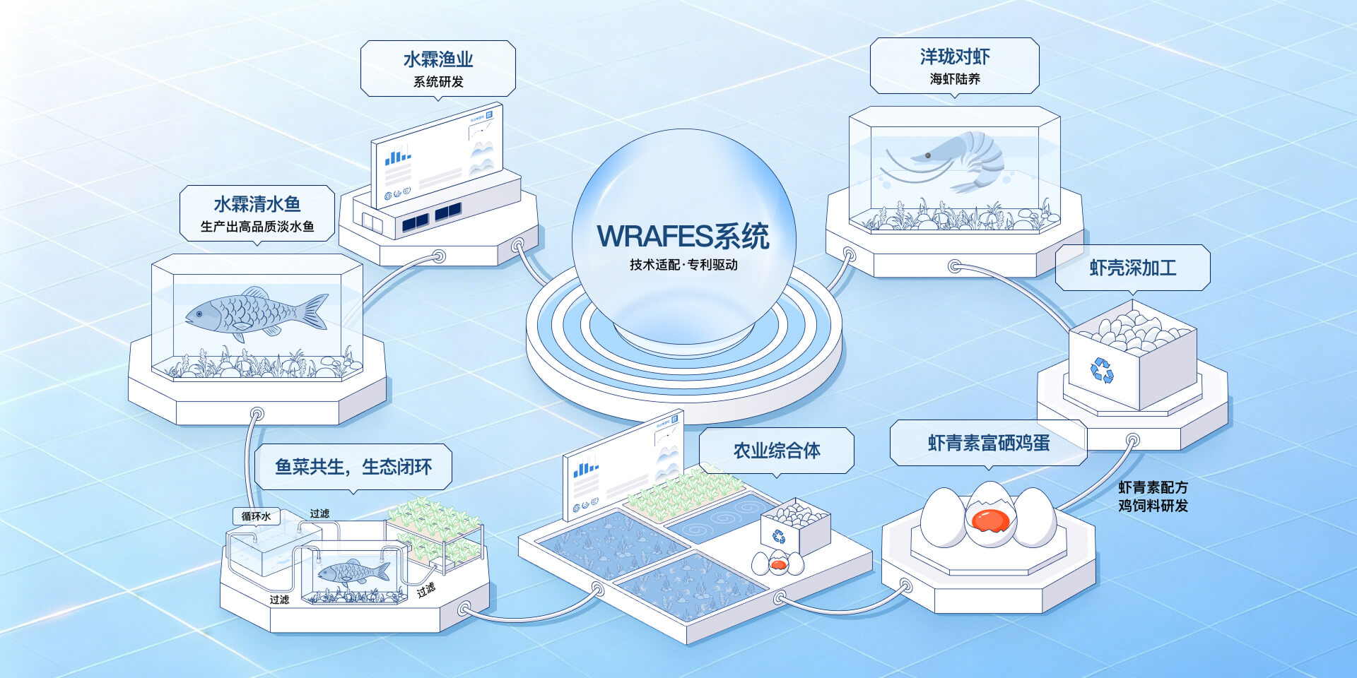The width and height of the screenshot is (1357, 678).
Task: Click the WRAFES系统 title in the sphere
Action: (x=683, y=236)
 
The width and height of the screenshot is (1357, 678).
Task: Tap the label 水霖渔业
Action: (x=438, y=59)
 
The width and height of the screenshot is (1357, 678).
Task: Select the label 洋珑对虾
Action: (x=955, y=56)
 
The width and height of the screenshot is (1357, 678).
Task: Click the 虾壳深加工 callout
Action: (x=1133, y=268)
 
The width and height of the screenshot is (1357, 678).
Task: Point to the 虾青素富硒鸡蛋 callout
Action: (x=988, y=443)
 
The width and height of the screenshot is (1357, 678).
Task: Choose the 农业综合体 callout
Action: (x=777, y=451)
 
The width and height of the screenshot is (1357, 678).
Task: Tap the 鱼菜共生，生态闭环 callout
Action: (x=353, y=467)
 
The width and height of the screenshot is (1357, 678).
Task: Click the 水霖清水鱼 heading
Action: (x=257, y=204)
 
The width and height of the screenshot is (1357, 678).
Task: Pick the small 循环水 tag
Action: (x=256, y=516)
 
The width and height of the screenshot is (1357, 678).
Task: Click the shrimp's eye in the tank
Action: (x=927, y=155)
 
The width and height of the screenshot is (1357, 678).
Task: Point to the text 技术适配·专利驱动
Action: (x=683, y=265)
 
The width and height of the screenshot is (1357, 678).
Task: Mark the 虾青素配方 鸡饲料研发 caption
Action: (x=1153, y=496)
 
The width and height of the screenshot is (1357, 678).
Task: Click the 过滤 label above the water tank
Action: (x=319, y=513)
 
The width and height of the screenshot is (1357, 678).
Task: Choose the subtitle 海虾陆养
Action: (x=955, y=79)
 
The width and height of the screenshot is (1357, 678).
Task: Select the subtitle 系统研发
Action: (x=438, y=82)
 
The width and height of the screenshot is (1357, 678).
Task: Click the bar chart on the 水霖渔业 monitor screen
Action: (x=398, y=155)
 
